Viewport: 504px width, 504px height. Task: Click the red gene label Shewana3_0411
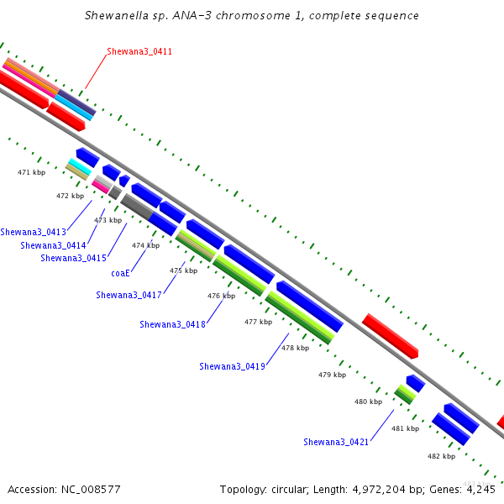point(139,51)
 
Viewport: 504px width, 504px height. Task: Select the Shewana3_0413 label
point(33,232)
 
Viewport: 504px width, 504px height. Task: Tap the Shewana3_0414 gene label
point(53,245)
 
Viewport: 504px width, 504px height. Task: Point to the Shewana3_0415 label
point(73,258)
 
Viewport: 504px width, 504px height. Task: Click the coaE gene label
point(120,273)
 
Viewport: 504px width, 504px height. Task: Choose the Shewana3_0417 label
point(129,295)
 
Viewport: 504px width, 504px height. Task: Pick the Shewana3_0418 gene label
point(172,324)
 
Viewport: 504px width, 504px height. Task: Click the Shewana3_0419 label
point(232,366)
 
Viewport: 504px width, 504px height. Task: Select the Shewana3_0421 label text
point(336,442)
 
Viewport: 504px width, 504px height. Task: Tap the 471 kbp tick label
point(32,172)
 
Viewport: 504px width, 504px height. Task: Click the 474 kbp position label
point(145,245)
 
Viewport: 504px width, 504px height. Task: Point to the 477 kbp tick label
point(258,322)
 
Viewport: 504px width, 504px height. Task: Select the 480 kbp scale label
point(369,402)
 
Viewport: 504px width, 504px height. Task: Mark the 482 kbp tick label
point(441,456)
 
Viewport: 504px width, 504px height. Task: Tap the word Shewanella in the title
point(117,15)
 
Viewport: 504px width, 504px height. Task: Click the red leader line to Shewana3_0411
point(96,71)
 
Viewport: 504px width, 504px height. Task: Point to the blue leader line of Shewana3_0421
point(382,425)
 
